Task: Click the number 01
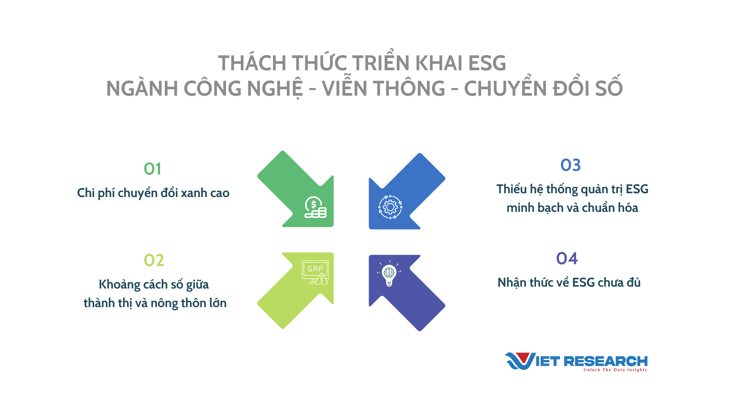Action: pos(153,169)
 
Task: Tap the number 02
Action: pos(154,260)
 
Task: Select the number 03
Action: pos(571,165)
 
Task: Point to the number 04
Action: pos(567,259)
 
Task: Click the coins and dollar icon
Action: pos(315,207)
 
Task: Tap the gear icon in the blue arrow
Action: pos(390,207)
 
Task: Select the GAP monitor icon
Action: pos(316,272)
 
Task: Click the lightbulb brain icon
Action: pos(389,273)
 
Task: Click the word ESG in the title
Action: pos(487,63)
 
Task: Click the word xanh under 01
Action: pos(194,193)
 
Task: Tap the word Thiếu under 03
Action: pos(511,189)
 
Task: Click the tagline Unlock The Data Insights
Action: pos(615,370)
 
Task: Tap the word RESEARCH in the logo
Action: pos(606,361)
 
